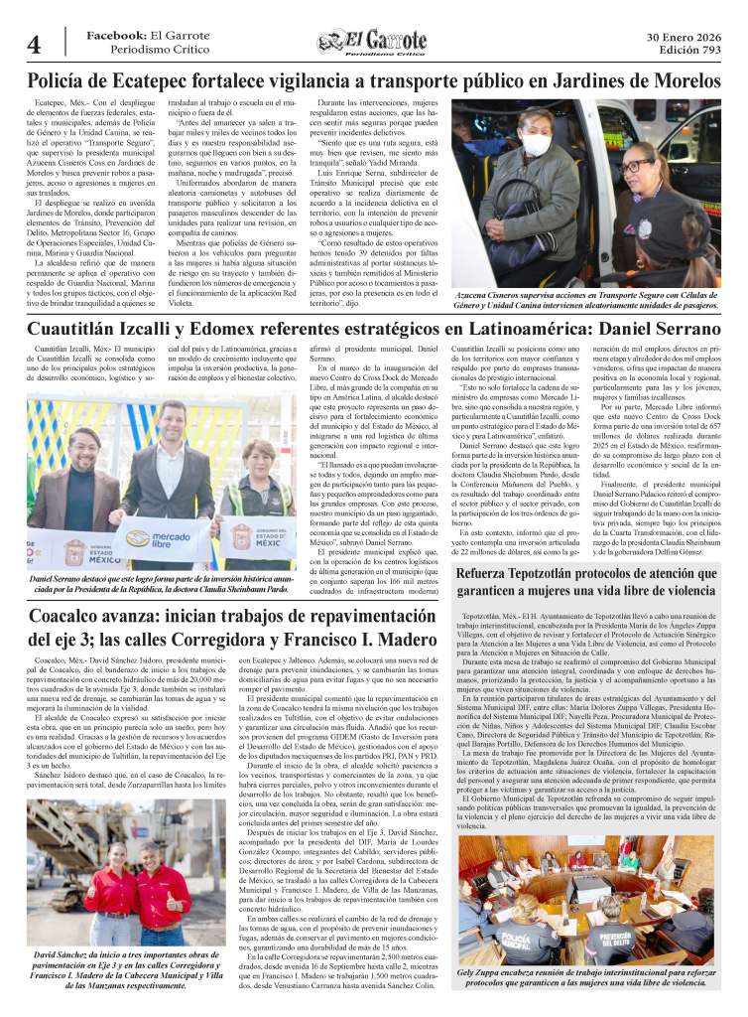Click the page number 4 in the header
pyautogui.click(x=33, y=45)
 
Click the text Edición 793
pyautogui.click(x=689, y=51)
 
